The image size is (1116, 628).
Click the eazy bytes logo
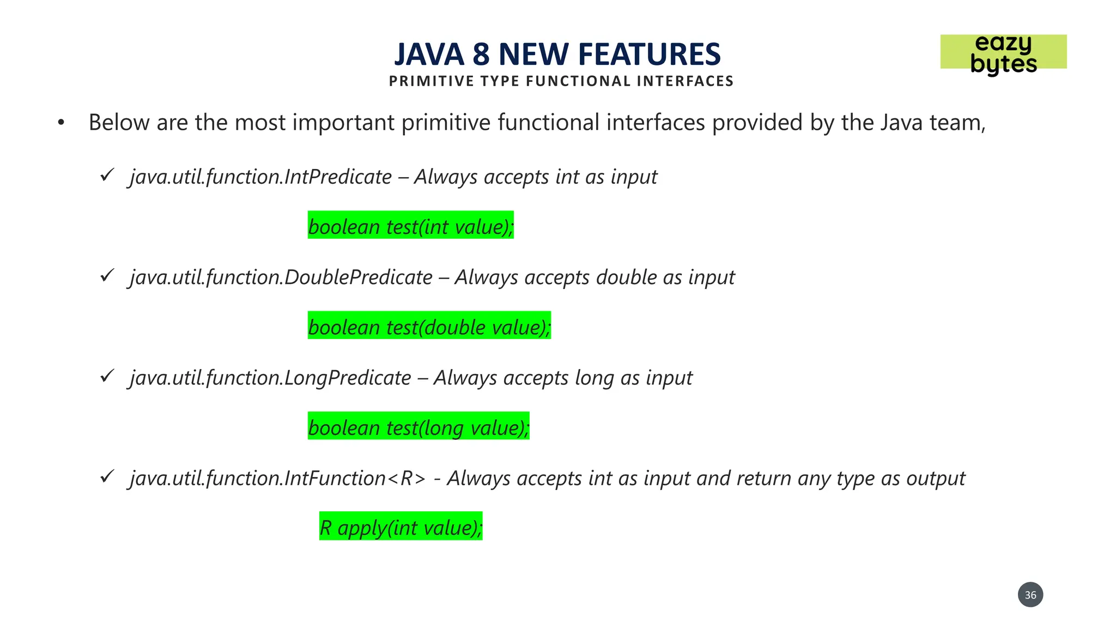1003,53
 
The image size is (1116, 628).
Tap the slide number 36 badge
1030,595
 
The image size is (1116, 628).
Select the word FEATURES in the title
649,55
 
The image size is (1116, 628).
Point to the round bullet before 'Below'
61,123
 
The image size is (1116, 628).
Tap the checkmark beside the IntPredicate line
107,175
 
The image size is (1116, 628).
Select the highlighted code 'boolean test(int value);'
410,226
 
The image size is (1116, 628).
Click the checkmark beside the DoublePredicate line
107,275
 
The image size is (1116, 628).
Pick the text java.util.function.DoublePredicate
281,277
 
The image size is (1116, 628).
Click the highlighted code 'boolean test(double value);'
429,326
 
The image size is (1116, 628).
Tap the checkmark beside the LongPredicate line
107,376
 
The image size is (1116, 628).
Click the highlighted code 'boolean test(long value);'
418,426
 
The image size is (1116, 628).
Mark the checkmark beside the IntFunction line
107,476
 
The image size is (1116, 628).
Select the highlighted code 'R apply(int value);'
401,527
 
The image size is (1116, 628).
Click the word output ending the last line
936,479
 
